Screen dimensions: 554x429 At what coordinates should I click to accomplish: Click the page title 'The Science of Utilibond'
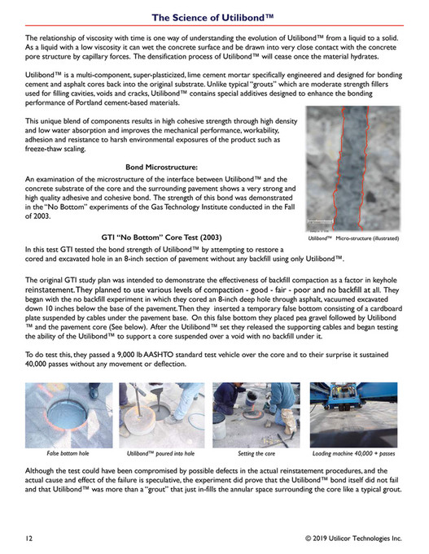[x=214, y=16]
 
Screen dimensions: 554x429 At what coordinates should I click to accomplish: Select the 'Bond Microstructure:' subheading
[x=163, y=166]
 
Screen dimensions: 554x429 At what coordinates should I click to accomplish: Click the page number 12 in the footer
[x=29, y=538]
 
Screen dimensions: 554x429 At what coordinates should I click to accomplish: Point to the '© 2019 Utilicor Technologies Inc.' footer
[x=353, y=538]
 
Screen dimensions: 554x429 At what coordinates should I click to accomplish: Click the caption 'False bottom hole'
[x=68, y=452]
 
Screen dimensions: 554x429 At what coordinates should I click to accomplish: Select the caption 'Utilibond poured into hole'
[x=162, y=452]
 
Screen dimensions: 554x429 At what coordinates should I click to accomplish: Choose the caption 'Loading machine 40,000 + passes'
[x=354, y=452]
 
